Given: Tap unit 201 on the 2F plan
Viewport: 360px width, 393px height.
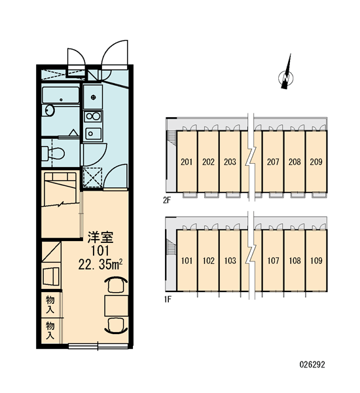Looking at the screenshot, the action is tap(187, 162).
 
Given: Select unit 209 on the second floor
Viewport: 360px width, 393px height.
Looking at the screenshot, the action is tap(316, 162).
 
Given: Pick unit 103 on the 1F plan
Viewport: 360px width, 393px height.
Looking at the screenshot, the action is tap(230, 261).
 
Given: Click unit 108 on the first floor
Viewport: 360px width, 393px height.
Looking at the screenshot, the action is tap(295, 261).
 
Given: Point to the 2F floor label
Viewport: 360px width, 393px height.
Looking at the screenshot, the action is tap(167, 200).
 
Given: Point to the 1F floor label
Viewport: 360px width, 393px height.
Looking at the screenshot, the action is tap(168, 299).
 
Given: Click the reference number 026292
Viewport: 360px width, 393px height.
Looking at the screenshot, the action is tap(312, 364).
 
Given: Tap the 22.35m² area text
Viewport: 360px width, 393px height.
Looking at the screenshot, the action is tap(100, 264).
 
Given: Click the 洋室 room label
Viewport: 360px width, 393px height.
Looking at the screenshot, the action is tap(100, 237).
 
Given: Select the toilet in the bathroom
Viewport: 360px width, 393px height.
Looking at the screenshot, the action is tap(53, 153).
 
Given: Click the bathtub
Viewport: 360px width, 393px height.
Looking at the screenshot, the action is tap(61, 95).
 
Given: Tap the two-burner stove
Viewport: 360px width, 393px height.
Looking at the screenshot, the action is tap(93, 117).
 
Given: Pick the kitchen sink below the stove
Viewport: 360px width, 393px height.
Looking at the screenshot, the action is tap(93, 134).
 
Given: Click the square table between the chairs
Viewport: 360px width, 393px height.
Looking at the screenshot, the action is tap(117, 305).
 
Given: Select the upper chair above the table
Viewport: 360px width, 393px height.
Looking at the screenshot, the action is tap(116, 284).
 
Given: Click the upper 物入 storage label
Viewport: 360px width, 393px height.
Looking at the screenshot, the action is tap(50, 305).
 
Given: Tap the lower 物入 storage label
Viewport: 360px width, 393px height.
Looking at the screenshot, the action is tap(50, 331).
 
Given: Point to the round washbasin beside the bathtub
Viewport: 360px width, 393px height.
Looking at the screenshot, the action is tap(50, 111).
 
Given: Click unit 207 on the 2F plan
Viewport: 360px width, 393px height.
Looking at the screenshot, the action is tap(273, 162).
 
